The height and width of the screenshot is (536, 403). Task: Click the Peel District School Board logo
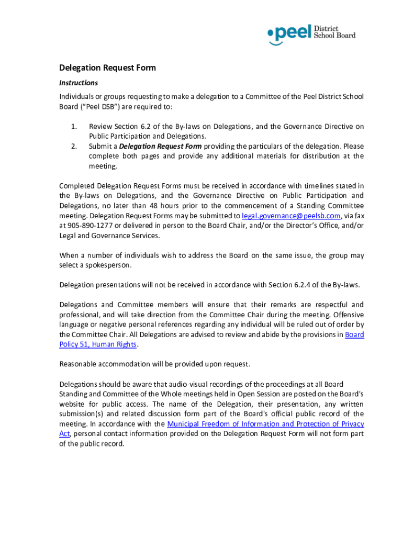point(311,34)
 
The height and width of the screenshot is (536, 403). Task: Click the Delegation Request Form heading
point(107,68)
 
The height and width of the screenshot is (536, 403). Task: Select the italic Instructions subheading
point(78,83)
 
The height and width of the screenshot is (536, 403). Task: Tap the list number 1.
point(74,127)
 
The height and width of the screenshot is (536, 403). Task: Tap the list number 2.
point(74,146)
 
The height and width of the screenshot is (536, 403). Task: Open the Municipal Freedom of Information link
point(265,424)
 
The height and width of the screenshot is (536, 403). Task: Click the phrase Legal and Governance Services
point(108,236)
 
